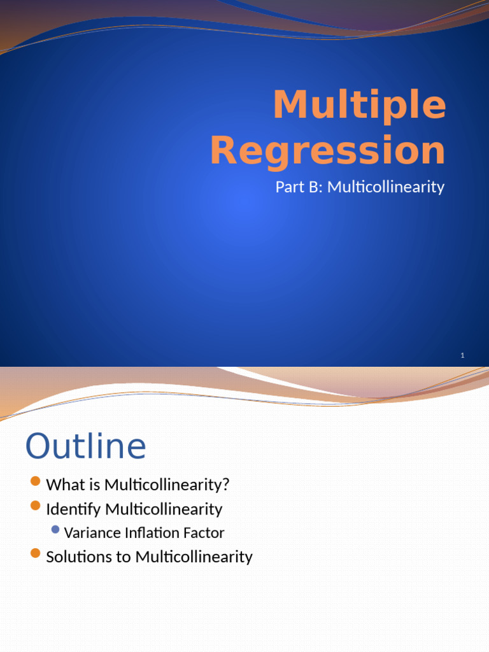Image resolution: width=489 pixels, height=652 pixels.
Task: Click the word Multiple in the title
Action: pyautogui.click(x=359, y=105)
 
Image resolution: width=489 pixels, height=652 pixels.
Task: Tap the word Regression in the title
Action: pyautogui.click(x=327, y=152)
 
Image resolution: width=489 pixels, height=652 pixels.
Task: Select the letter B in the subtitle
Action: pyautogui.click(x=316, y=187)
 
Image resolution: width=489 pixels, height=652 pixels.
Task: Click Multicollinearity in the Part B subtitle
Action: pyautogui.click(x=386, y=187)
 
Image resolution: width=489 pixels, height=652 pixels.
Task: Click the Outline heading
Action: pyautogui.click(x=85, y=446)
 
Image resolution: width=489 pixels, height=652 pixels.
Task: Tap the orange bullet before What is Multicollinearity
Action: pyautogui.click(x=35, y=481)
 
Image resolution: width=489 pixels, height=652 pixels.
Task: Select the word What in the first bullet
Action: pyautogui.click(x=65, y=485)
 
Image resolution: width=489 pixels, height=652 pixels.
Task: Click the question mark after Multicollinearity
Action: pyautogui.click(x=225, y=485)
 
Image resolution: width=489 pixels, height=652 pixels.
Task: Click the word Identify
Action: pyautogui.click(x=74, y=509)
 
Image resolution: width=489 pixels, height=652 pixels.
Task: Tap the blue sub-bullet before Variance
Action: pyautogui.click(x=55, y=530)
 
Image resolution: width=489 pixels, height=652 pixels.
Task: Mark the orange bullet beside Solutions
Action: pyautogui.click(x=35, y=553)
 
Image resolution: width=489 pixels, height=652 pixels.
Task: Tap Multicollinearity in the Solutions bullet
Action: pyautogui.click(x=194, y=557)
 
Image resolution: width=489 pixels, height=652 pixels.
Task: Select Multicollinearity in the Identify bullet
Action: pyautogui.click(x=164, y=509)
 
